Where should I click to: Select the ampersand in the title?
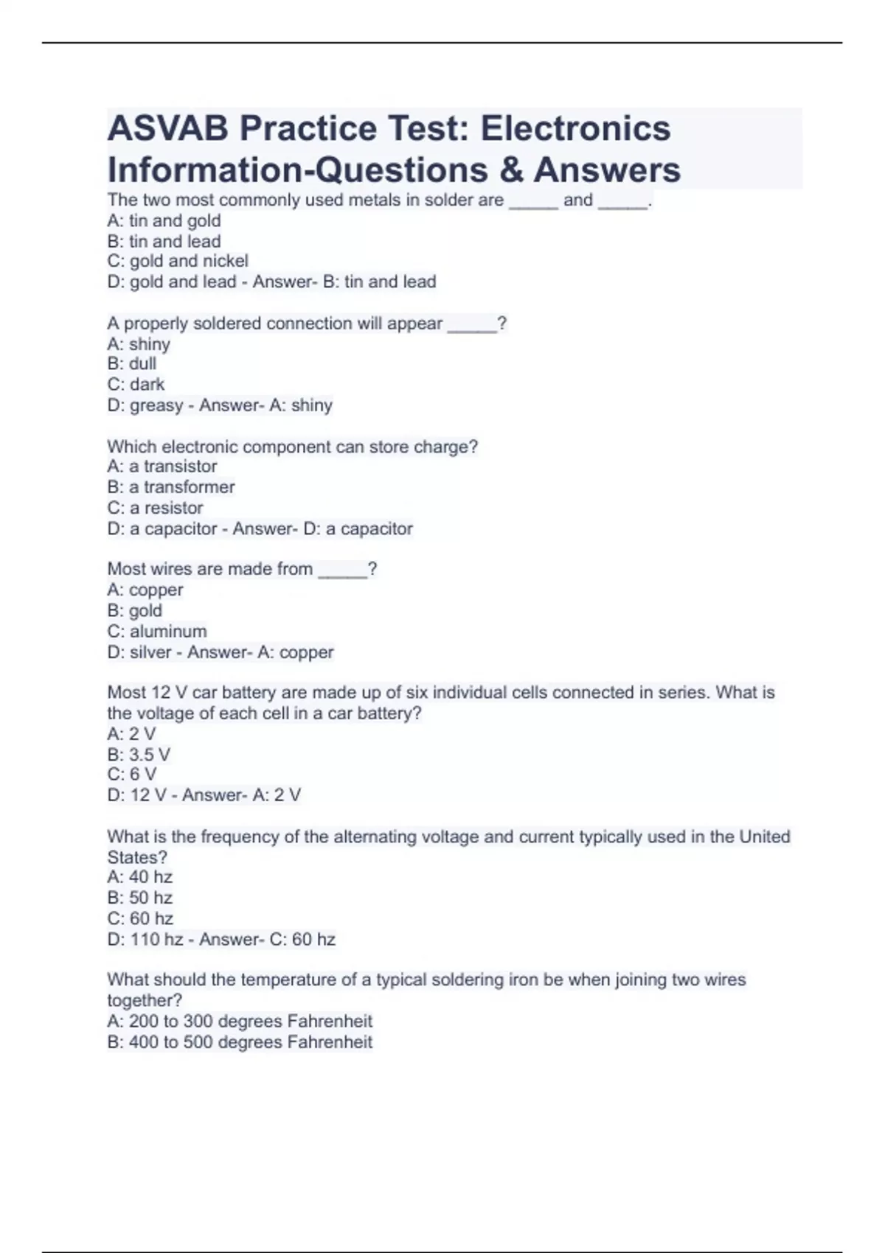[x=511, y=170]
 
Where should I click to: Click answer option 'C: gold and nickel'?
[x=178, y=261]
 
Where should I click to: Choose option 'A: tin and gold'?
[x=164, y=220]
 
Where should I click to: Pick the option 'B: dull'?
[x=132, y=363]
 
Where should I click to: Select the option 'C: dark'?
[x=136, y=384]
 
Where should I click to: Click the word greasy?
[x=156, y=405]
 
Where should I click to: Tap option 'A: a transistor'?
[x=162, y=466]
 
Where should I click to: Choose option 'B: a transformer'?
[x=171, y=486]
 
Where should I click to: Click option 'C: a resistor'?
[x=155, y=508]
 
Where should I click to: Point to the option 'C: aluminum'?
[x=157, y=631]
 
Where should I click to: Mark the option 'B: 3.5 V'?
[x=139, y=754]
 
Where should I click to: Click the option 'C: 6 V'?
[x=132, y=774]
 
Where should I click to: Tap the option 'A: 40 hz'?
[x=140, y=877]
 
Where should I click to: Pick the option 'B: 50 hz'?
[x=140, y=898]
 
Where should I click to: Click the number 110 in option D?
[x=145, y=940]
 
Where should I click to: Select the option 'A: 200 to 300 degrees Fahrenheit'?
[x=240, y=1022]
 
